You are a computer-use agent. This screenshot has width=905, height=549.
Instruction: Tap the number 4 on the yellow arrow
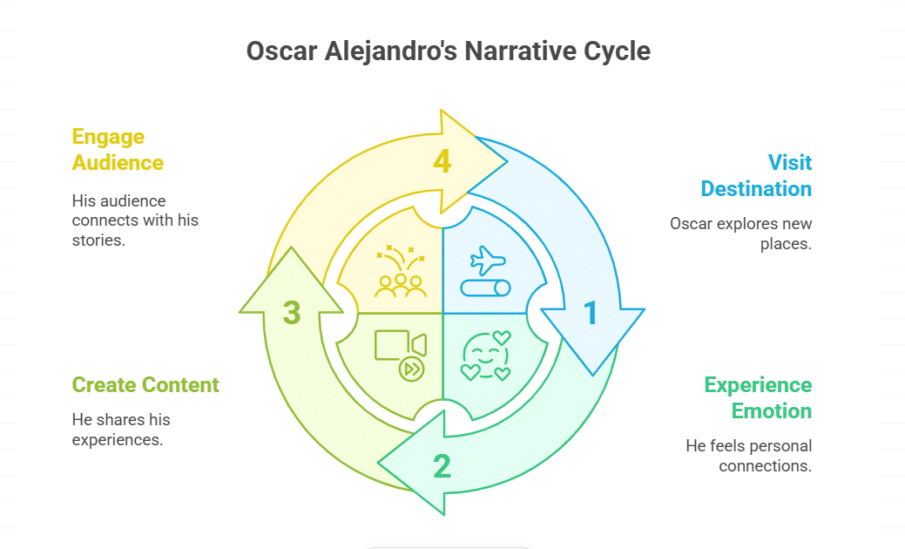[442, 161]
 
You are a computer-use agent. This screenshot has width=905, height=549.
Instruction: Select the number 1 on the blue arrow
[591, 314]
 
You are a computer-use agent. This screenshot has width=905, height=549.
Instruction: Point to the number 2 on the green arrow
[442, 467]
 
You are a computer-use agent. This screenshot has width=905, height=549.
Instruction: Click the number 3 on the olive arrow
[292, 313]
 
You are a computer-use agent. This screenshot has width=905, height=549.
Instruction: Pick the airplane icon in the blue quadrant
[487, 260]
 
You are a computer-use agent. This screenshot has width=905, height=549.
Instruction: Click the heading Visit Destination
[756, 175]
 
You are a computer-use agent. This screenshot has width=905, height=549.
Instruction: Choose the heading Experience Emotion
[758, 397]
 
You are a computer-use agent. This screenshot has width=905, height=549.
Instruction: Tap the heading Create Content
[145, 384]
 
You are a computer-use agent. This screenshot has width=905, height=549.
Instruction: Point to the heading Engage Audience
[118, 149]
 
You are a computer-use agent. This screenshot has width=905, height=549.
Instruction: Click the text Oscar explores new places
[740, 234]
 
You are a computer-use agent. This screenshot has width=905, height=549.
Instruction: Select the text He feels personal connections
[748, 456]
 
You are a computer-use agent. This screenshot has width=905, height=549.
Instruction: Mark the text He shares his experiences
[118, 430]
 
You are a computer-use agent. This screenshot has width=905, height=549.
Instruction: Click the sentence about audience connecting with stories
[135, 220]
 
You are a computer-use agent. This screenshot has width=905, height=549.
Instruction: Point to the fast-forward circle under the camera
[410, 369]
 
